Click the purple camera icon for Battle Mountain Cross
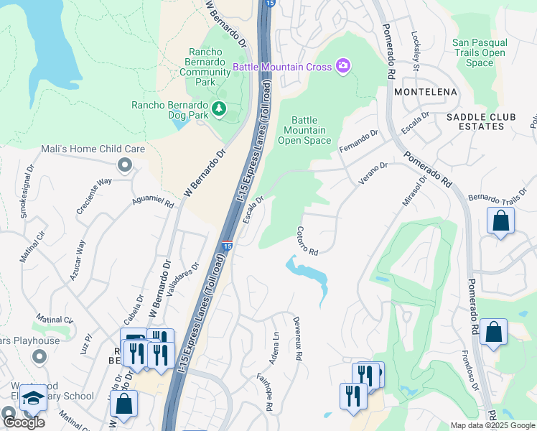pos(342,67)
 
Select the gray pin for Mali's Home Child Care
pos(126,166)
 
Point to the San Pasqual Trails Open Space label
pos(480,53)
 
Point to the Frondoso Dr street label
pos(475,374)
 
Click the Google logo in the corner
pos(24,422)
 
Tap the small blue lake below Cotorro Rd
pos(310,275)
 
